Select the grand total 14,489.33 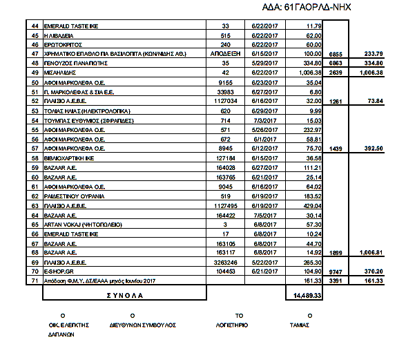pyautogui.click(x=304, y=294)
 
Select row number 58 pyautogui.click(x=35, y=158)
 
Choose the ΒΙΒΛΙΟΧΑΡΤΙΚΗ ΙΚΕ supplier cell pyautogui.click(x=72, y=158)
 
